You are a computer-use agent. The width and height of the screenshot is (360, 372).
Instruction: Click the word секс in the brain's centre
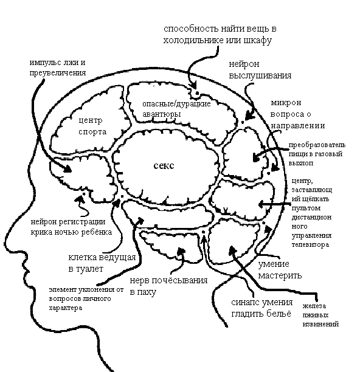(x=164, y=165)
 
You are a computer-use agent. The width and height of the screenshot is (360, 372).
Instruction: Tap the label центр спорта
(x=92, y=126)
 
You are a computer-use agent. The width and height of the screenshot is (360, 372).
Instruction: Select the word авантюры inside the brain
(x=161, y=114)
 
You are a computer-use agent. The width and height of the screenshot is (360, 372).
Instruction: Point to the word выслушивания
(x=260, y=76)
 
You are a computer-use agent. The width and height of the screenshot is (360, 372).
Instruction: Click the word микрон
(x=286, y=103)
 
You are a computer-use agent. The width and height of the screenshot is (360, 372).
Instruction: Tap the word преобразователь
(x=317, y=145)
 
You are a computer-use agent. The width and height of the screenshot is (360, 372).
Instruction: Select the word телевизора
(x=310, y=244)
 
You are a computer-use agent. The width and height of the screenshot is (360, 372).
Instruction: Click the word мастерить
(x=280, y=275)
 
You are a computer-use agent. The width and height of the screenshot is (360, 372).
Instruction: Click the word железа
(x=314, y=306)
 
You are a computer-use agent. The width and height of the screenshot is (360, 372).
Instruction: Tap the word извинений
(x=320, y=324)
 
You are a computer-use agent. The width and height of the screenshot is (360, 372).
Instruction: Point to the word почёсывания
(x=179, y=281)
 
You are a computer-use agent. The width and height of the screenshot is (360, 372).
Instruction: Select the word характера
(x=66, y=308)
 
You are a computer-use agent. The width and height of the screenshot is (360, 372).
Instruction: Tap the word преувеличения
(x=58, y=73)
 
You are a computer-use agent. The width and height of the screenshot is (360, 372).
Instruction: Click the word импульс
(x=45, y=63)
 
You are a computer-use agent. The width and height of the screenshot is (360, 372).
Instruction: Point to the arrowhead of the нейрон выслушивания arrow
(x=249, y=115)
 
